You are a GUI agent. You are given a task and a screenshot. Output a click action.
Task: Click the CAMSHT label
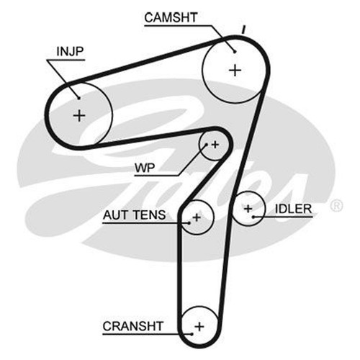pos(171,17)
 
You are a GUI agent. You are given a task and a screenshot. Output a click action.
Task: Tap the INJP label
pos(70,51)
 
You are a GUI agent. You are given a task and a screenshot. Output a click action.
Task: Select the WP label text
pos(145,168)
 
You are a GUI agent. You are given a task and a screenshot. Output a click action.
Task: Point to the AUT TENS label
pos(134,215)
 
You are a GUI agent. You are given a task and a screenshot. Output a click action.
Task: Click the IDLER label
pos(293,209)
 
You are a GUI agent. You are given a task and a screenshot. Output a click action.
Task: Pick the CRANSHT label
pos(133,326)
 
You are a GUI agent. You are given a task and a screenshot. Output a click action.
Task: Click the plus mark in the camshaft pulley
pos(235,71)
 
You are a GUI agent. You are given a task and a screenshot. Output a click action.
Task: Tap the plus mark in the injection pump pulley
pos(79,116)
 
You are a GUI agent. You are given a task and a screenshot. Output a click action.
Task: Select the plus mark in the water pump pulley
pos(215,145)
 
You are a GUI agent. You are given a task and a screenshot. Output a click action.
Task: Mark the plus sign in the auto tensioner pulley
pos(197,217)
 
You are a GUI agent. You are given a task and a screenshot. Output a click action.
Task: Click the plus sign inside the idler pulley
pos(248,209)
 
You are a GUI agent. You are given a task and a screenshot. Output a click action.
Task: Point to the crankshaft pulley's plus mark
pos(199,327)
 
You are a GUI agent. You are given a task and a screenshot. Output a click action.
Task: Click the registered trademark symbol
pos(336,206)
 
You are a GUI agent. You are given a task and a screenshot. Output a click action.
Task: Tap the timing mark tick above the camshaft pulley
pos(243,30)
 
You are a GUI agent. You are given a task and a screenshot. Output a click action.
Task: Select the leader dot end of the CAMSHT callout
pos(235,51)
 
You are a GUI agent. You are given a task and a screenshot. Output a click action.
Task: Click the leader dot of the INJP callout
pos(78,98)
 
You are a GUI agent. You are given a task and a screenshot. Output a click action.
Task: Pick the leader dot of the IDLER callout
pos(253,217)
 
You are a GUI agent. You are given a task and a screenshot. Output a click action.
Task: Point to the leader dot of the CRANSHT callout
pos(192,334)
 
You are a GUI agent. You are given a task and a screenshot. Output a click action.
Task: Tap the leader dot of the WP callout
pos(206,145)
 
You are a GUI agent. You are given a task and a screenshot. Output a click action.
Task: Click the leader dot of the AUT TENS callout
pos(189,223)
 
